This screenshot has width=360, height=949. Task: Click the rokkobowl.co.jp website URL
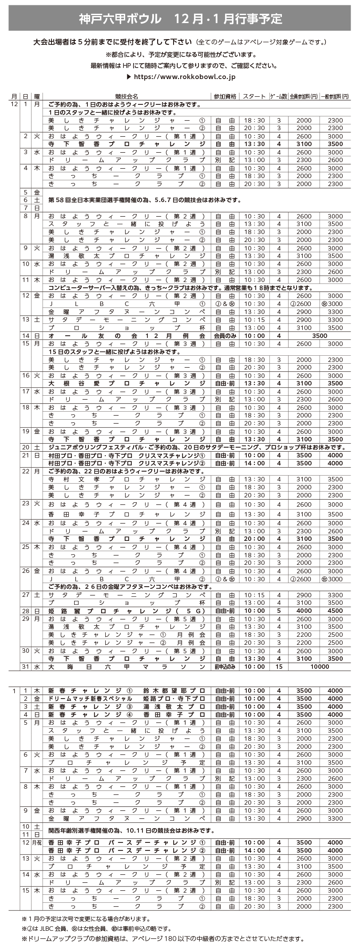[184, 77]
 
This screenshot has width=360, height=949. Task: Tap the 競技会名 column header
[127, 96]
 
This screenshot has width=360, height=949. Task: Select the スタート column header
[254, 96]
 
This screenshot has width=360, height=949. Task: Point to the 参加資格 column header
[225, 96]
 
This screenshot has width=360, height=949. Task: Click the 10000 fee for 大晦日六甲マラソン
[320, 667]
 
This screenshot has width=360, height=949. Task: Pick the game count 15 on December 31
[279, 667]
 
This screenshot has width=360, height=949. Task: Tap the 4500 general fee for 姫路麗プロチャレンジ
[335, 611]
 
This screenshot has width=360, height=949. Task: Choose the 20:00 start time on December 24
[254, 539]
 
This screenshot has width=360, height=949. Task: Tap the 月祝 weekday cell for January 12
[37, 842]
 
